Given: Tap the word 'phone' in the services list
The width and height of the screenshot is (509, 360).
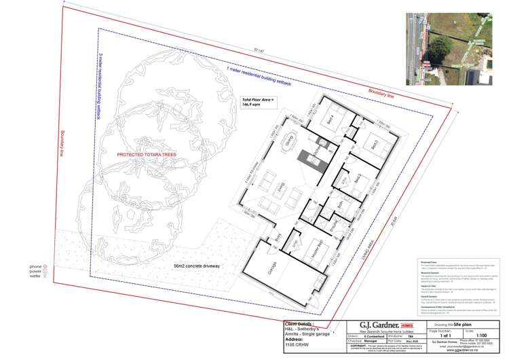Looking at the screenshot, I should pos(35,266).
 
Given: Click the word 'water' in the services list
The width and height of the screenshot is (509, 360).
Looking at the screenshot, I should pos(35,277).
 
